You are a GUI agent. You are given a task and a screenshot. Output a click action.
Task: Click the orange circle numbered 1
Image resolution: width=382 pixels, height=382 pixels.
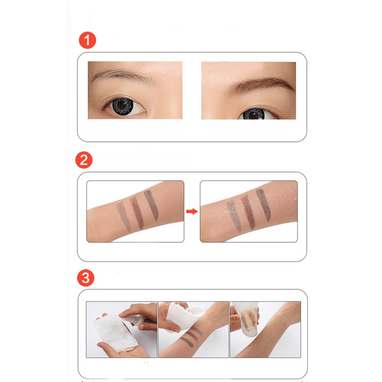coord(87,41)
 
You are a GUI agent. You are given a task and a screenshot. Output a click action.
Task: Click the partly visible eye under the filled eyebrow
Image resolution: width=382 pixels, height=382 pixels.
coord(253,114)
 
